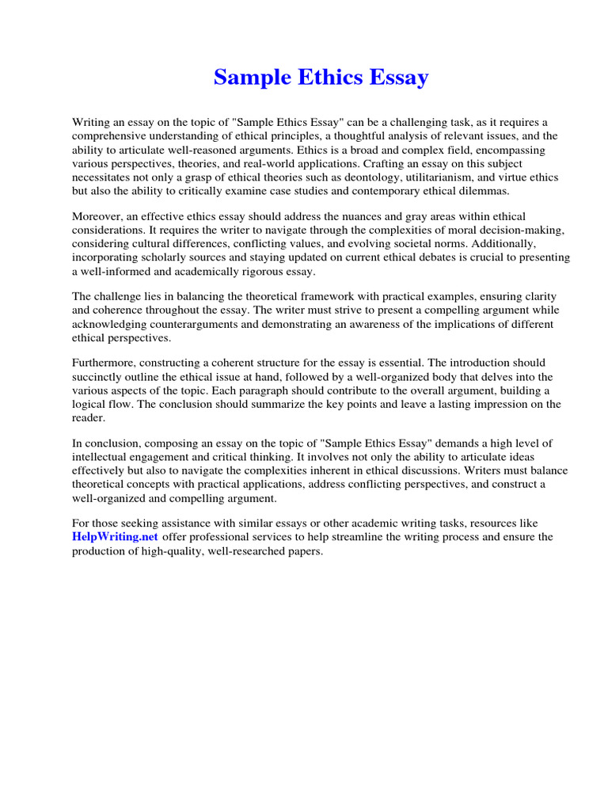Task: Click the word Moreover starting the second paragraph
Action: [x=99, y=216]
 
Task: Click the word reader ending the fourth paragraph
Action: [x=88, y=417]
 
